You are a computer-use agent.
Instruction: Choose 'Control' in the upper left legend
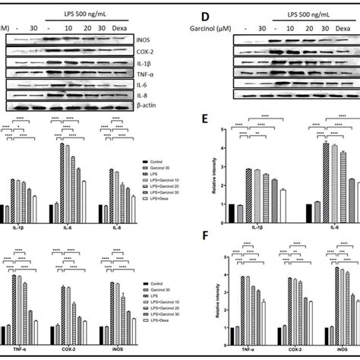pyautogui.click(x=158, y=162)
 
